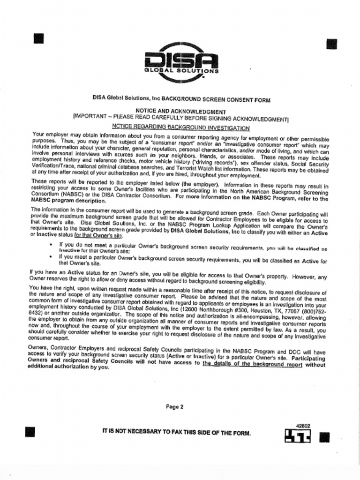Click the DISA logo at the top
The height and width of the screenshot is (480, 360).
click(181, 62)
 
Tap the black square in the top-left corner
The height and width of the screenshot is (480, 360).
click(38, 38)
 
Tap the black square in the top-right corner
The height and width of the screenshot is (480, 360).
click(331, 44)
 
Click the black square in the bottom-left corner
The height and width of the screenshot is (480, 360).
click(30, 432)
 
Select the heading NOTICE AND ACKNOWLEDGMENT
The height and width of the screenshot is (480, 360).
click(180, 111)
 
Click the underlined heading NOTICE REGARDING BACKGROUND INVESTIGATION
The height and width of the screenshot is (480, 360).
click(181, 127)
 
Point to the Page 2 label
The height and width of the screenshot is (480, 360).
click(174, 407)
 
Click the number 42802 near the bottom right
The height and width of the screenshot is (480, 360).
click(303, 426)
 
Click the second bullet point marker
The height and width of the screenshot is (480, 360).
click(51, 257)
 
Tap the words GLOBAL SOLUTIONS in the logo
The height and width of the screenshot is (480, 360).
click(181, 71)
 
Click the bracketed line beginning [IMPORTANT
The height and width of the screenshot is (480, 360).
click(180, 118)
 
